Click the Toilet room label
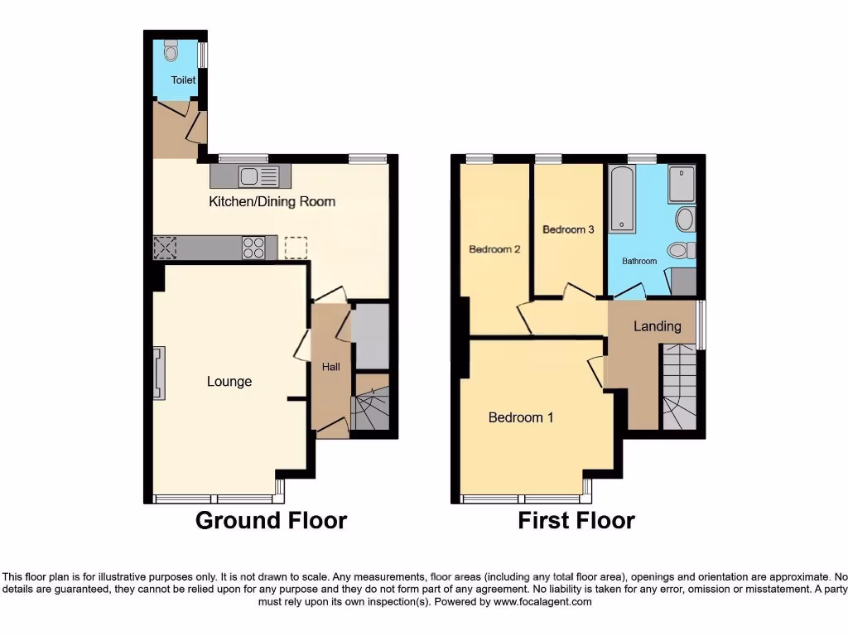183,80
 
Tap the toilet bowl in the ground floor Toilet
171,52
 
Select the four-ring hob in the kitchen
253,248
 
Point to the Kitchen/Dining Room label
272,201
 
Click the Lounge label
229,382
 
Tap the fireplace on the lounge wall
157,373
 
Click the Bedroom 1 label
521,417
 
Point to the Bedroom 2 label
494,249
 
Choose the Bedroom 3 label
568,229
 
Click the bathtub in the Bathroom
623,199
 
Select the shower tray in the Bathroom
682,184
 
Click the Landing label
658,326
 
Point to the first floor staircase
679,388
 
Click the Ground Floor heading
271,521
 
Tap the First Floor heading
576,521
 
